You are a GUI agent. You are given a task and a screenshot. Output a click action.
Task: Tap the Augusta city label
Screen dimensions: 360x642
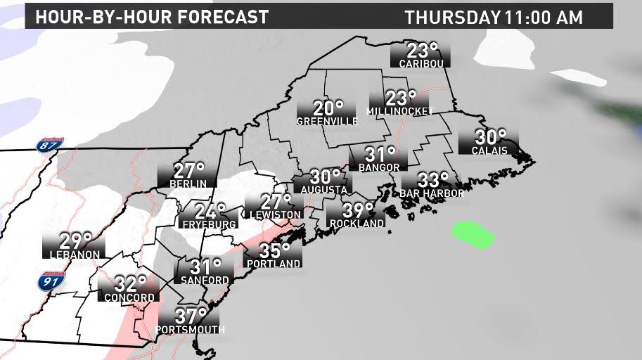[323, 190]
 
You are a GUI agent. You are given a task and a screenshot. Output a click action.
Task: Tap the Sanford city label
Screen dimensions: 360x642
[204, 281]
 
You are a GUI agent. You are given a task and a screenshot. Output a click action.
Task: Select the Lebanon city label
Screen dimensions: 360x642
[75, 255]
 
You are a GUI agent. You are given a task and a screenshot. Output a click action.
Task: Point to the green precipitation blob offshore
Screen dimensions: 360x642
[473, 235]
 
